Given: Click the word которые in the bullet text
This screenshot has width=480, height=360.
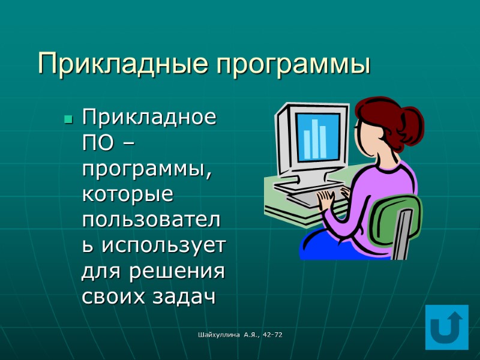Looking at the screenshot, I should pyautogui.click(x=127, y=194).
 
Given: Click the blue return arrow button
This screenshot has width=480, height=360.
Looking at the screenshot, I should pyautogui.click(x=446, y=327).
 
